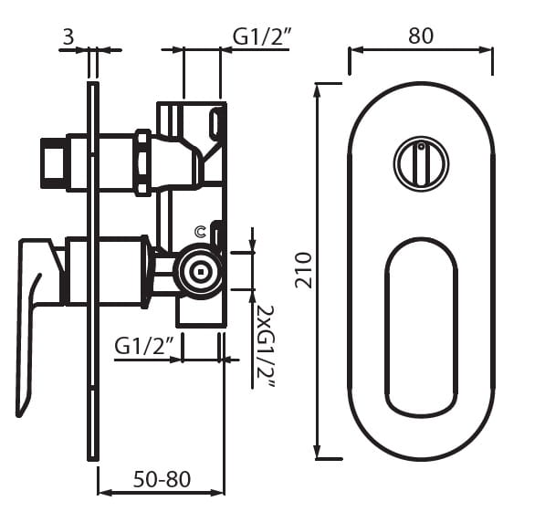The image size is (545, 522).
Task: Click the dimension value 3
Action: coord(68,37)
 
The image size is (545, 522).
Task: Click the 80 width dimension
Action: coord(421,36)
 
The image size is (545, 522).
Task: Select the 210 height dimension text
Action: coord(303,270)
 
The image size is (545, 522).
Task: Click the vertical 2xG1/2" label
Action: coord(266,348)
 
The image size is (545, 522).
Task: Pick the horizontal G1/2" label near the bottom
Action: coord(144,346)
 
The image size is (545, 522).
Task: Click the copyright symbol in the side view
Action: coord(201,232)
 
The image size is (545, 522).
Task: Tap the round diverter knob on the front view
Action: coord(421,163)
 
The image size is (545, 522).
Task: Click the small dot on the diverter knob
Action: coord(421,146)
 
